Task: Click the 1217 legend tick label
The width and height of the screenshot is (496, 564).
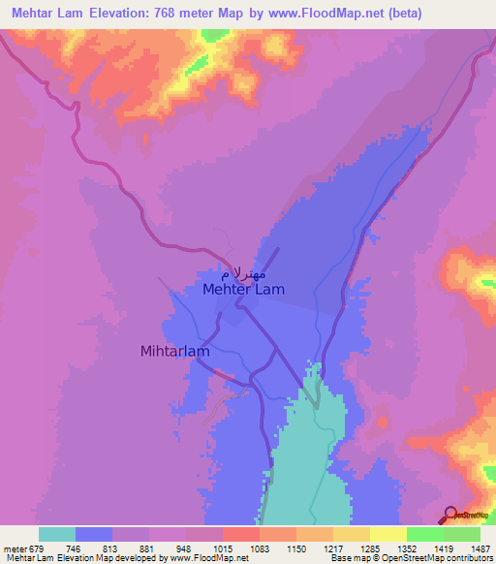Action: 332,548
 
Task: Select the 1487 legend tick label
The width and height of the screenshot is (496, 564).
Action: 479,548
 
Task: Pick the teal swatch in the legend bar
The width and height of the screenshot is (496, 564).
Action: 57,534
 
